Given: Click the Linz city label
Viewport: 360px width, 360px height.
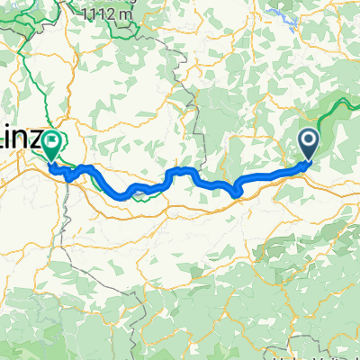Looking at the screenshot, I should [x=18, y=142].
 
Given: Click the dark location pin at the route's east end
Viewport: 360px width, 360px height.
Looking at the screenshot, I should [x=308, y=142].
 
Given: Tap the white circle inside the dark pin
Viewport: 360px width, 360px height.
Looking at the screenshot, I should [x=308, y=139].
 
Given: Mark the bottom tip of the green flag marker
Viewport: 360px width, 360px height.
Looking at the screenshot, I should [x=52, y=162].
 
